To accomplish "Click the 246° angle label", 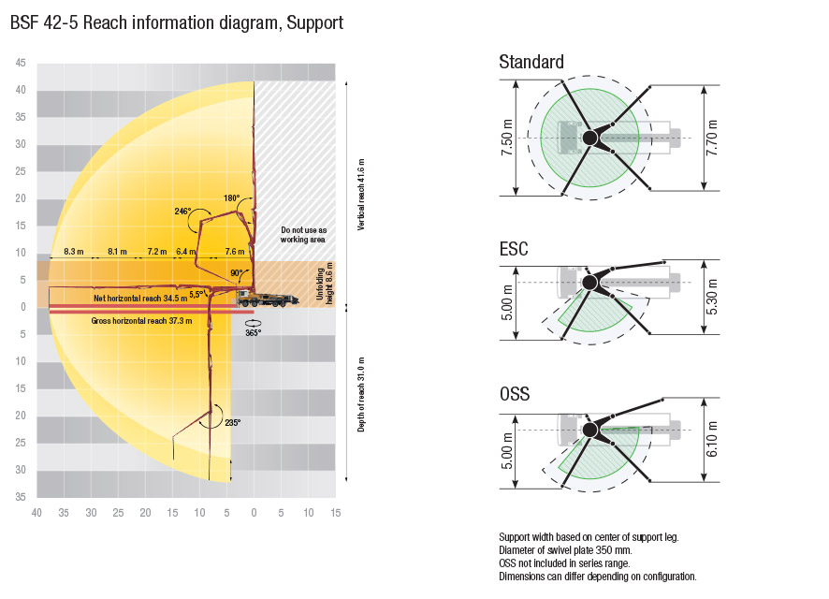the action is (x=183, y=212).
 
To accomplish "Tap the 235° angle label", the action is (x=233, y=422).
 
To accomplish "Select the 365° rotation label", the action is (x=254, y=332).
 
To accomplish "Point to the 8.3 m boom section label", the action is (x=74, y=251).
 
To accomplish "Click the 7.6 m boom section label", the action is (x=235, y=251).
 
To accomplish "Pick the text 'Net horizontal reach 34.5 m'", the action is (x=140, y=299).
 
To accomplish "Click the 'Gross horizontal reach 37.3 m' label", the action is (x=141, y=320).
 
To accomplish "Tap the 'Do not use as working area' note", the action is (x=303, y=235).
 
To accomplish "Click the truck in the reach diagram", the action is (x=267, y=299).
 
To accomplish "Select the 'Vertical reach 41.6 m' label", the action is (x=361, y=194).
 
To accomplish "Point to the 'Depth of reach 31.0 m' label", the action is (x=361, y=394).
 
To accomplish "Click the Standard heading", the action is (x=531, y=62).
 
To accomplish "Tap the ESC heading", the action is (x=514, y=248).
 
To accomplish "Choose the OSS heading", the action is (x=515, y=394).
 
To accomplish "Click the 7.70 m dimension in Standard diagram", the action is (x=712, y=138).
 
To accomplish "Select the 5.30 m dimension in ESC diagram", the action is (x=712, y=297).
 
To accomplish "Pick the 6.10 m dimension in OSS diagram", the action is (x=712, y=439).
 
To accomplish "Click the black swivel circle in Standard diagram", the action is (x=590, y=138).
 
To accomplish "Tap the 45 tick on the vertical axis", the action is (x=21, y=63).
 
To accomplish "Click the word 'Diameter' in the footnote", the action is (x=516, y=550).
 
